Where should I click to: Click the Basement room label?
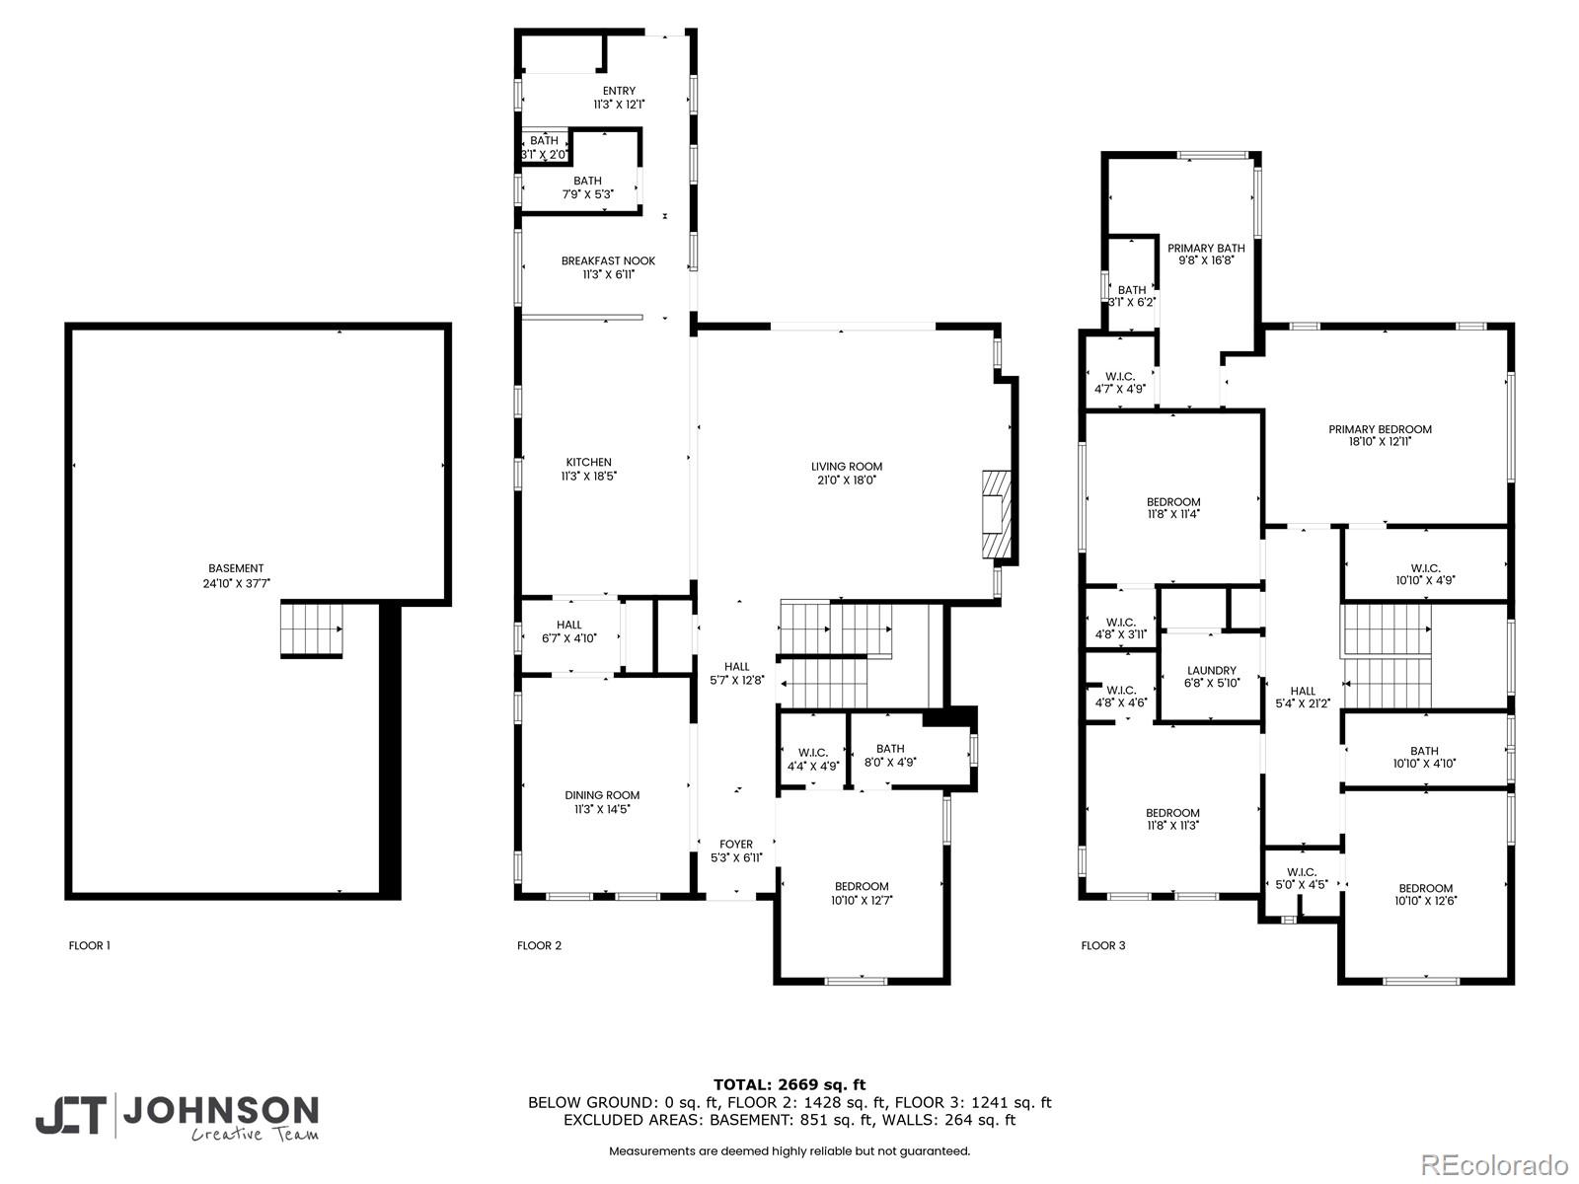pyautogui.click(x=236, y=568)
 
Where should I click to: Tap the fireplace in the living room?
pyautogui.click(x=996, y=515)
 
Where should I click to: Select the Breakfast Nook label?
pyautogui.click(x=608, y=261)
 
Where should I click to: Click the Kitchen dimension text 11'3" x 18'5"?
pyautogui.click(x=588, y=477)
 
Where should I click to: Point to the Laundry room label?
pyautogui.click(x=1211, y=671)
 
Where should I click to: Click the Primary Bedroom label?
pyautogui.click(x=1380, y=429)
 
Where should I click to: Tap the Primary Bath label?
pyautogui.click(x=1206, y=249)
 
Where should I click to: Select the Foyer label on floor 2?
pyautogui.click(x=736, y=845)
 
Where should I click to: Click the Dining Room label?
pyautogui.click(x=602, y=795)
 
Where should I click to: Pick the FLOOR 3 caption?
pyautogui.click(x=1102, y=945)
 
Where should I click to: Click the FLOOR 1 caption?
pyautogui.click(x=89, y=945)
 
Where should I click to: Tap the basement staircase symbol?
pyautogui.click(x=311, y=629)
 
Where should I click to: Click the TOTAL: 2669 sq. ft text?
pyautogui.click(x=789, y=1084)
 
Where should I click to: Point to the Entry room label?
pyautogui.click(x=620, y=91)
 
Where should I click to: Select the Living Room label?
pyautogui.click(x=847, y=467)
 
